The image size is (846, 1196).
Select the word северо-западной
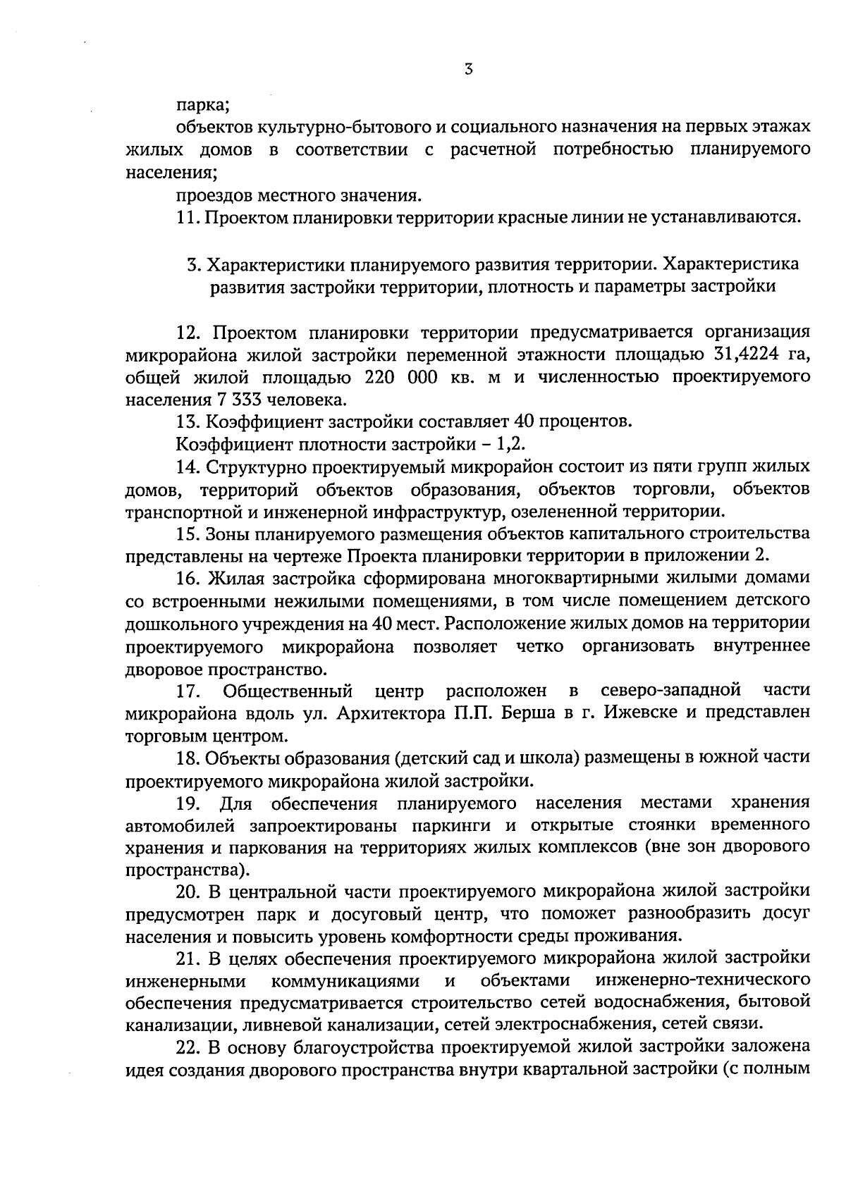point(670,689)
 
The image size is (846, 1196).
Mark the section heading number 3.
point(191,265)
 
